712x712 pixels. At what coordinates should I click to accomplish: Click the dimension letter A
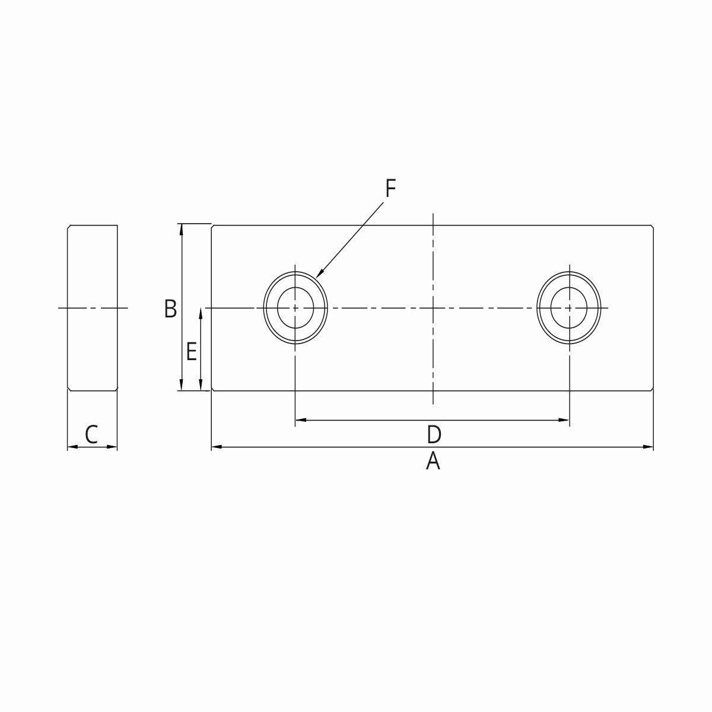pyautogui.click(x=433, y=461)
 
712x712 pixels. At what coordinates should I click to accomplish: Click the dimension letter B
pyautogui.click(x=170, y=309)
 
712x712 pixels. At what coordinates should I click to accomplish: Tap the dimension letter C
pyautogui.click(x=91, y=434)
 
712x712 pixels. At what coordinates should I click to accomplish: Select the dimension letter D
pyautogui.click(x=434, y=434)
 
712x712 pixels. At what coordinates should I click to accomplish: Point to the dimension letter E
pyautogui.click(x=191, y=352)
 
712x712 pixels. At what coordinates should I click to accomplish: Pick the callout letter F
pyautogui.click(x=390, y=189)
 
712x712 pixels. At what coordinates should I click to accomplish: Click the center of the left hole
pyautogui.click(x=295, y=307)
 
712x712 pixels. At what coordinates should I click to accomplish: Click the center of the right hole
pyautogui.click(x=569, y=307)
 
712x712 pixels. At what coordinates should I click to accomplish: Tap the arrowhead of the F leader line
pyautogui.click(x=317, y=276)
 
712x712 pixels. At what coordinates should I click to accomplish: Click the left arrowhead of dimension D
pyautogui.click(x=298, y=420)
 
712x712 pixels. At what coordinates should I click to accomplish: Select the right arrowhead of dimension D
pyautogui.click(x=566, y=420)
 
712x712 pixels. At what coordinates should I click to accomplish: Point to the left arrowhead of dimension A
pyautogui.click(x=215, y=446)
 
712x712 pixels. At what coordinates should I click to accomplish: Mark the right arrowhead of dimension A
pyautogui.click(x=650, y=446)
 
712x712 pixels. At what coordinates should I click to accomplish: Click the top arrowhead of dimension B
pyautogui.click(x=182, y=227)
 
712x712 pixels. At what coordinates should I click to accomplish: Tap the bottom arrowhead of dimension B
pyautogui.click(x=182, y=388)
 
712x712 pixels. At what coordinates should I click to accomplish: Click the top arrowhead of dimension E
pyautogui.click(x=202, y=311)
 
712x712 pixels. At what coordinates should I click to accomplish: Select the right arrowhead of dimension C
pyautogui.click(x=115, y=447)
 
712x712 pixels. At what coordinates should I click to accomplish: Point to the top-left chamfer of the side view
pyautogui.click(x=69, y=227)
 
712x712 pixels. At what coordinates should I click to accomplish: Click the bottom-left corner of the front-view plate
pyautogui.click(x=213, y=389)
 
